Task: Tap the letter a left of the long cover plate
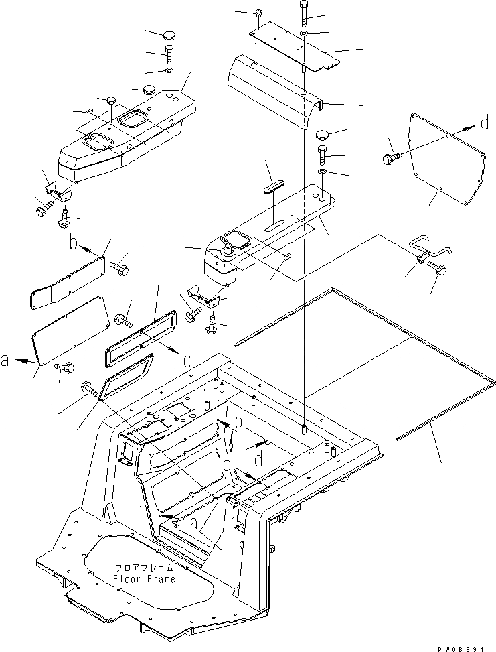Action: click(5, 361)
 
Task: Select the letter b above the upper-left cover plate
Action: click(74, 242)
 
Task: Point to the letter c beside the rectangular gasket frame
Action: click(187, 360)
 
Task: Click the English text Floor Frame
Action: click(144, 578)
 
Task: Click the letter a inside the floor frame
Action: click(194, 523)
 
